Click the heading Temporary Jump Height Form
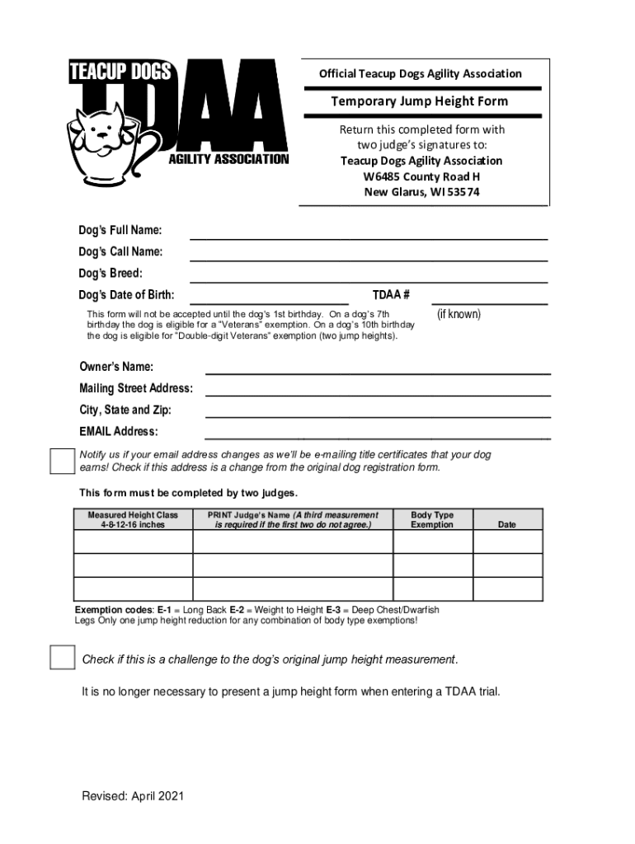(x=419, y=101)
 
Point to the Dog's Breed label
(x=111, y=273)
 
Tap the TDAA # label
(x=391, y=294)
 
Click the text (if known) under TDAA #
(x=459, y=314)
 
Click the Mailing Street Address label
(x=136, y=388)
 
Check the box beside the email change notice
(x=63, y=462)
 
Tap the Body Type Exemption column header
(x=432, y=519)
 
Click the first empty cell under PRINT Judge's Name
(x=293, y=542)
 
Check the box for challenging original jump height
(x=63, y=657)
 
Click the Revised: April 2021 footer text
(x=132, y=795)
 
